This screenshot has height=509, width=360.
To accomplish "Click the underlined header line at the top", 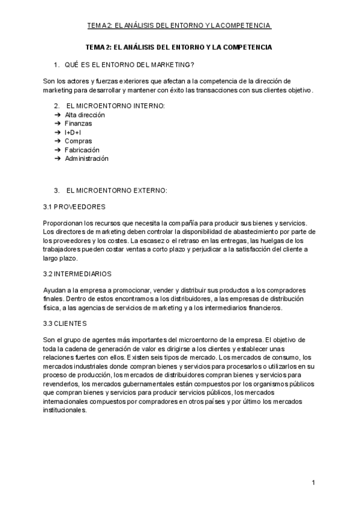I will [179, 25].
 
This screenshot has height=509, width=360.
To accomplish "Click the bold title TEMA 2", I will [179, 47].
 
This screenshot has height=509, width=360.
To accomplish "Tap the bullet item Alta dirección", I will [85, 114].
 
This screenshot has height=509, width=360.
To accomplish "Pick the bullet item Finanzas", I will [79, 123].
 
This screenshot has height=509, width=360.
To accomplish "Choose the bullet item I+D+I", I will [73, 132].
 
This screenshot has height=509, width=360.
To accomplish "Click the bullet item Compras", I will [79, 141].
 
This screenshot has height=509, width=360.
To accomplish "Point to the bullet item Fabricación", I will [82, 149].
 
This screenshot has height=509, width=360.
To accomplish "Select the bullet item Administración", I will [86, 158].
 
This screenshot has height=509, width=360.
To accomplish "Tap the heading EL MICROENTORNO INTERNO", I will [115, 106].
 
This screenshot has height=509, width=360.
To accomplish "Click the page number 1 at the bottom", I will [313, 482].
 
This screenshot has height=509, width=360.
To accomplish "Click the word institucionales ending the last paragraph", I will [65, 411].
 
